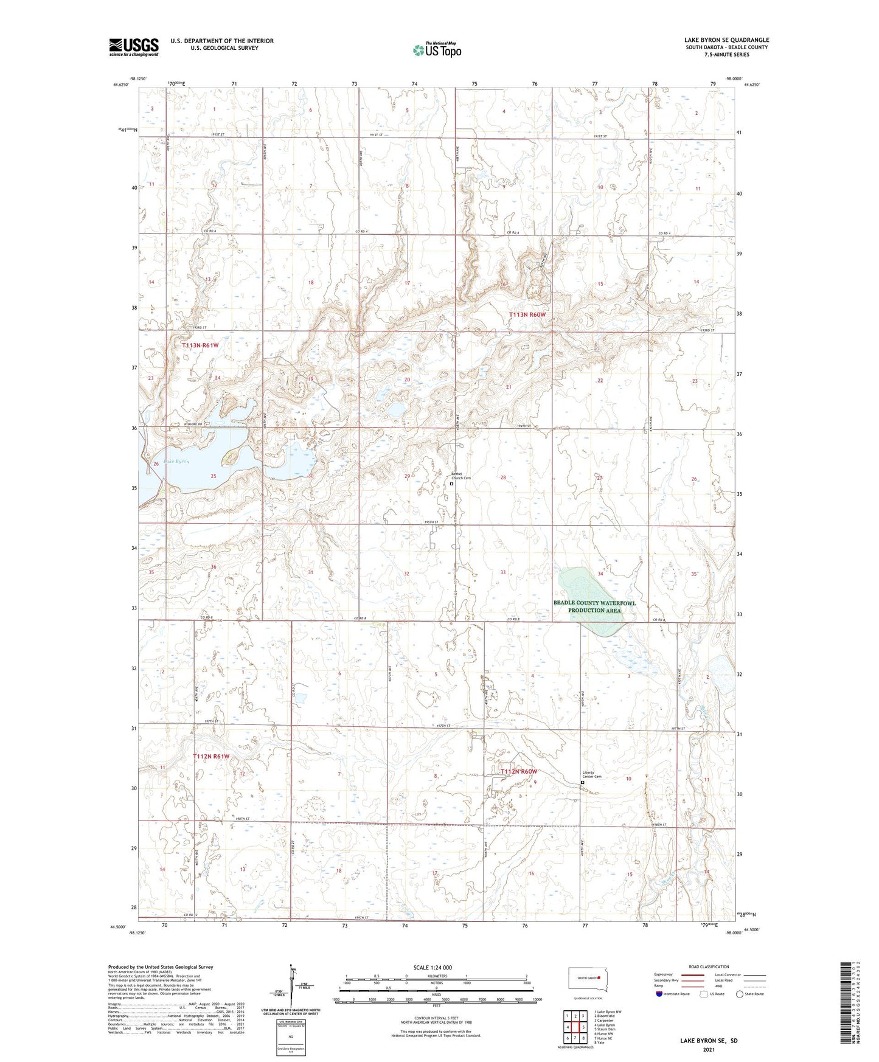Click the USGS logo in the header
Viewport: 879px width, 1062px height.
[x=134, y=47]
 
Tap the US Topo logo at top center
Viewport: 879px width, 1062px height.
[x=437, y=50]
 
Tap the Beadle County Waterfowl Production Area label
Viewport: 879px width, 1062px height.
[x=594, y=606]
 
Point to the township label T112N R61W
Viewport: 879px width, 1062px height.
[x=211, y=756]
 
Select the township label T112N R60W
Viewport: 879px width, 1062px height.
[x=519, y=771]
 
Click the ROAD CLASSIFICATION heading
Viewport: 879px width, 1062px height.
[x=709, y=967]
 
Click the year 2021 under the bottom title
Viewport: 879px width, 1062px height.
[x=709, y=1050]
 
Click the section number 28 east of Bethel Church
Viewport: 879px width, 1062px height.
[x=503, y=477]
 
